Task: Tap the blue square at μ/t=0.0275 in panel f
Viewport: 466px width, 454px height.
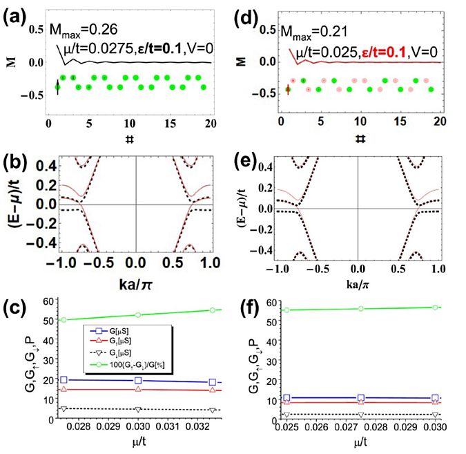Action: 360,398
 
